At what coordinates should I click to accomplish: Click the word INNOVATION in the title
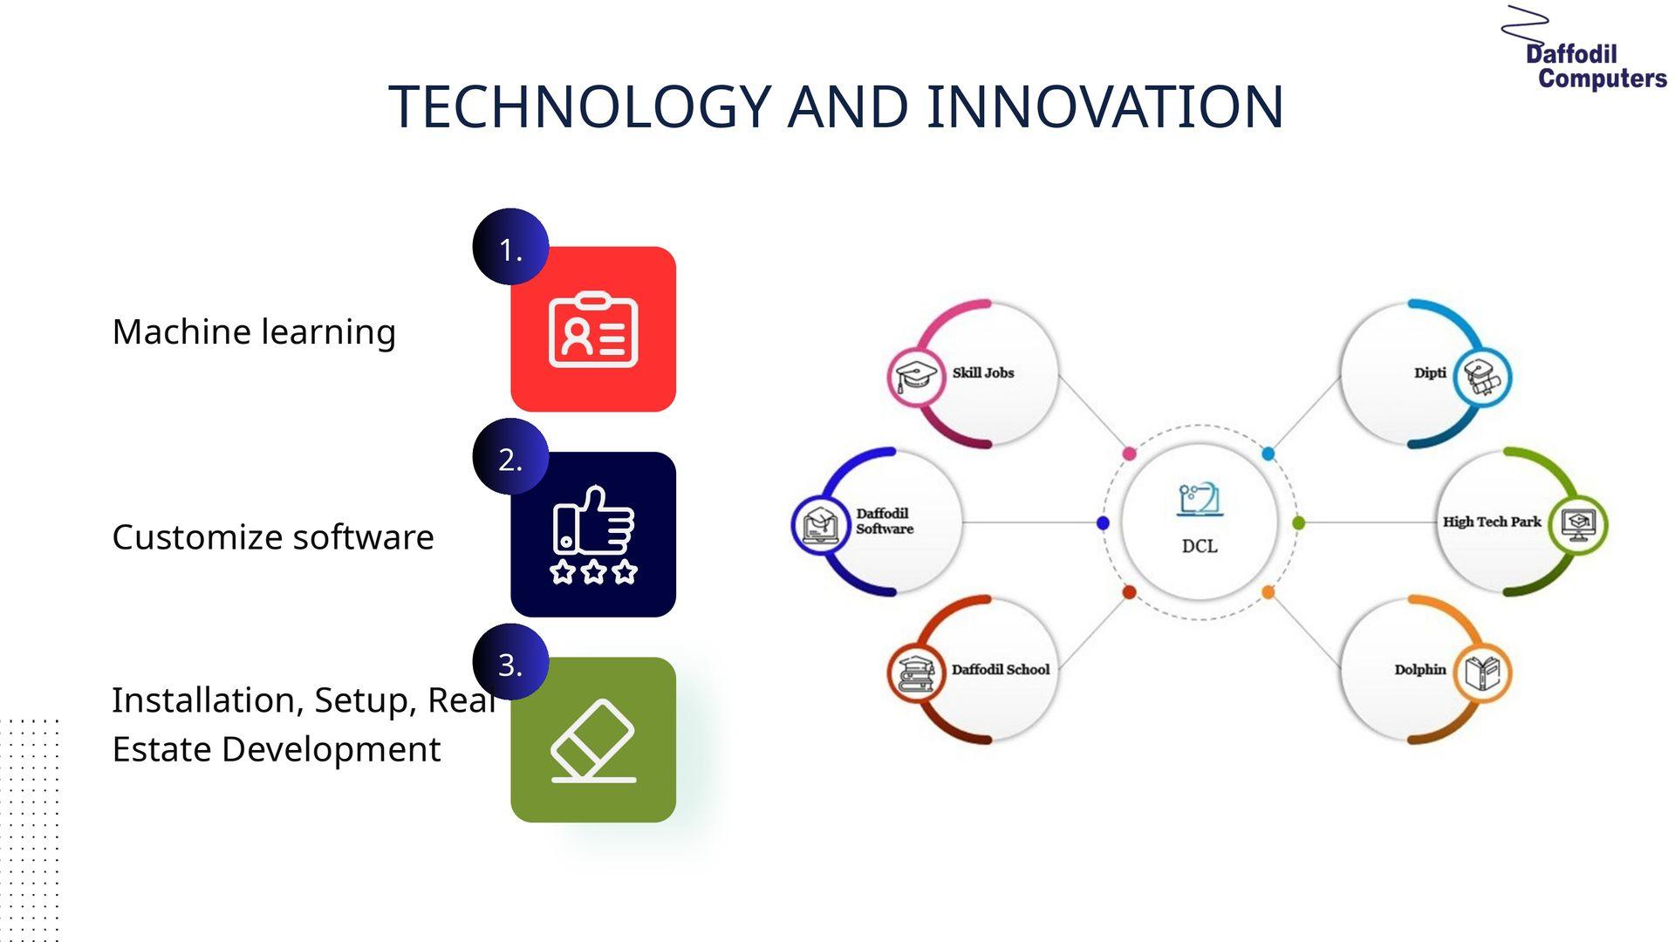coord(1104,107)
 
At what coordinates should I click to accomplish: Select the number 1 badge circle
coord(510,247)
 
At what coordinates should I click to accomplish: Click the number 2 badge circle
coord(510,456)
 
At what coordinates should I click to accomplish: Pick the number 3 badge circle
coord(510,662)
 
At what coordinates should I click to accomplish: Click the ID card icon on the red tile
coord(593,330)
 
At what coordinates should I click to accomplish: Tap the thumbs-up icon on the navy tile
coord(594,534)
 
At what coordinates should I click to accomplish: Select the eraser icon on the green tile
coord(593,741)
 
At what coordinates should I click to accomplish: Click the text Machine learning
coord(254,332)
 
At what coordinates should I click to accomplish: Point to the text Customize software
coord(273,537)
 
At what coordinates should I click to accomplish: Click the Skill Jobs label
coord(983,373)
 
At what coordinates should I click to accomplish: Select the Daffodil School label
coord(1001,670)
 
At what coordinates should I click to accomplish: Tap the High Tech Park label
coord(1492,522)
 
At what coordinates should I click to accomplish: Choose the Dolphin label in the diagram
coord(1420,670)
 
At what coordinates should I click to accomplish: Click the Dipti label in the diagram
coord(1430,373)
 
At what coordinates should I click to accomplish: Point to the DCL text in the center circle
coord(1200,546)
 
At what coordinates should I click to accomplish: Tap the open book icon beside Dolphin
coord(1482,672)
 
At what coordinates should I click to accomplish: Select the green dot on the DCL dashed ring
coord(1298,522)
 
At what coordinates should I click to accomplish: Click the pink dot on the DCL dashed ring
coord(1129,454)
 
